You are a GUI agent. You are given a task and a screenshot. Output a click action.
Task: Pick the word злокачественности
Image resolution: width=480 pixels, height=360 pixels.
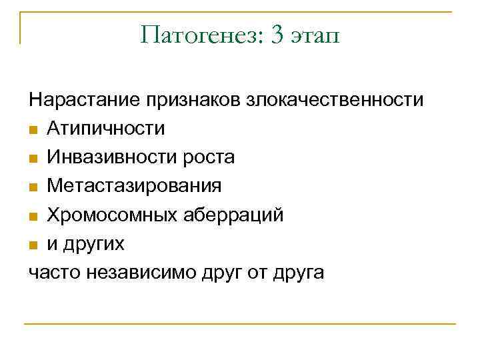(335, 101)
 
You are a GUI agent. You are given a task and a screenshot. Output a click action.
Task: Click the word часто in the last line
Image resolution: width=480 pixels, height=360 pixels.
(51, 273)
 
